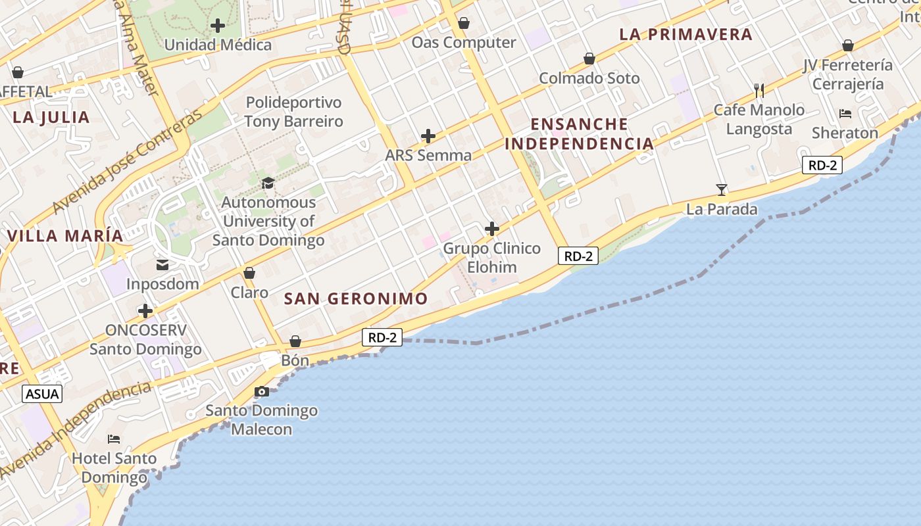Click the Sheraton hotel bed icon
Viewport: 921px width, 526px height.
845,114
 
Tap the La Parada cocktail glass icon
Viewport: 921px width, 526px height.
722,190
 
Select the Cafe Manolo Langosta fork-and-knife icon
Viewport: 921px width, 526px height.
759,90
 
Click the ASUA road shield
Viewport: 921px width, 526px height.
42,394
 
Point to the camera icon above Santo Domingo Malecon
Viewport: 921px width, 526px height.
262,392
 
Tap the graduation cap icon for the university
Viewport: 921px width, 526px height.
268,183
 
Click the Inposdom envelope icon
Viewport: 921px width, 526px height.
162,265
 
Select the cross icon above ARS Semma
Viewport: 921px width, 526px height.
428,136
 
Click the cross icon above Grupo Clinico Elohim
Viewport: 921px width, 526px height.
491,229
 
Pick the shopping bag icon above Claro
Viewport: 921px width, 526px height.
249,273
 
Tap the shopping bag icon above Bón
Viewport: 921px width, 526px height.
295,341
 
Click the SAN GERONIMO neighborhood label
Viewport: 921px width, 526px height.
356,299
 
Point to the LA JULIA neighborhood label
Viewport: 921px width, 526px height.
51,118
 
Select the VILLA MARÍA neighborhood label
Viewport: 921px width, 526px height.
65,236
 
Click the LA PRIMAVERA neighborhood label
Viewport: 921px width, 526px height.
686,35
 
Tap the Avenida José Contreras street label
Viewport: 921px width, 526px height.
129,162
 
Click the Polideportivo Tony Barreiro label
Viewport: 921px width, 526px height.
294,112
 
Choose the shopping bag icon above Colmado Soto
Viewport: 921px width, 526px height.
589,59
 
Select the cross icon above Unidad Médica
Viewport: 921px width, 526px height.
218,26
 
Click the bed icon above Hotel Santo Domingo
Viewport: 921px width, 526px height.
114,439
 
